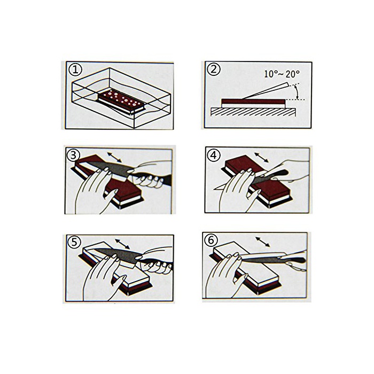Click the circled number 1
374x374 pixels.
pos(75,69)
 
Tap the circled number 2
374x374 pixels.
pos(214,69)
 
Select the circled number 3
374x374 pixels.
pos(74,155)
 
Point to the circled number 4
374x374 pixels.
pos(213,155)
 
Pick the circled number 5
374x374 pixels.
pos(74,242)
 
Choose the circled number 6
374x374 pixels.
pos(211,240)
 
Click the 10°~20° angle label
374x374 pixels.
pos(282,74)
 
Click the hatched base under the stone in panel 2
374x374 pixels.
pos(253,112)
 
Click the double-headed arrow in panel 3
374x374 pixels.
pos(114,157)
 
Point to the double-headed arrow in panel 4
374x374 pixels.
pos(262,158)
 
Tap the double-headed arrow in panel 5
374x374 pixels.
pos(122,244)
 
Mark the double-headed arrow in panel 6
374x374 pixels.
pos(263,241)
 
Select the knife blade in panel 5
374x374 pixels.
pos(117,256)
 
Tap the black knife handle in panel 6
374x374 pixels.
pos(295,259)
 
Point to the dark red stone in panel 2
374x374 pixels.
pos(253,102)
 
